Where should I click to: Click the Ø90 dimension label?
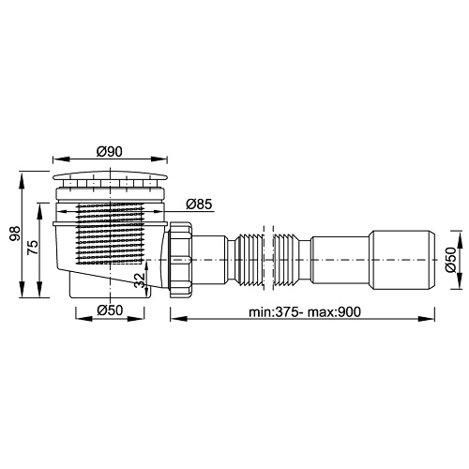click(110, 152)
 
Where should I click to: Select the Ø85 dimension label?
click(199, 204)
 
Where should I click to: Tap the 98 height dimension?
click(15, 234)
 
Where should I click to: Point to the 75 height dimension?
click(33, 248)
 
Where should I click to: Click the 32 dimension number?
click(141, 280)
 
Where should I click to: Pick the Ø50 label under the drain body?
click(110, 310)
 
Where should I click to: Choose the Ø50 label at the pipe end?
click(451, 260)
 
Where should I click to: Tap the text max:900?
click(334, 311)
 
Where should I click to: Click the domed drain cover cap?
click(110, 175)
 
